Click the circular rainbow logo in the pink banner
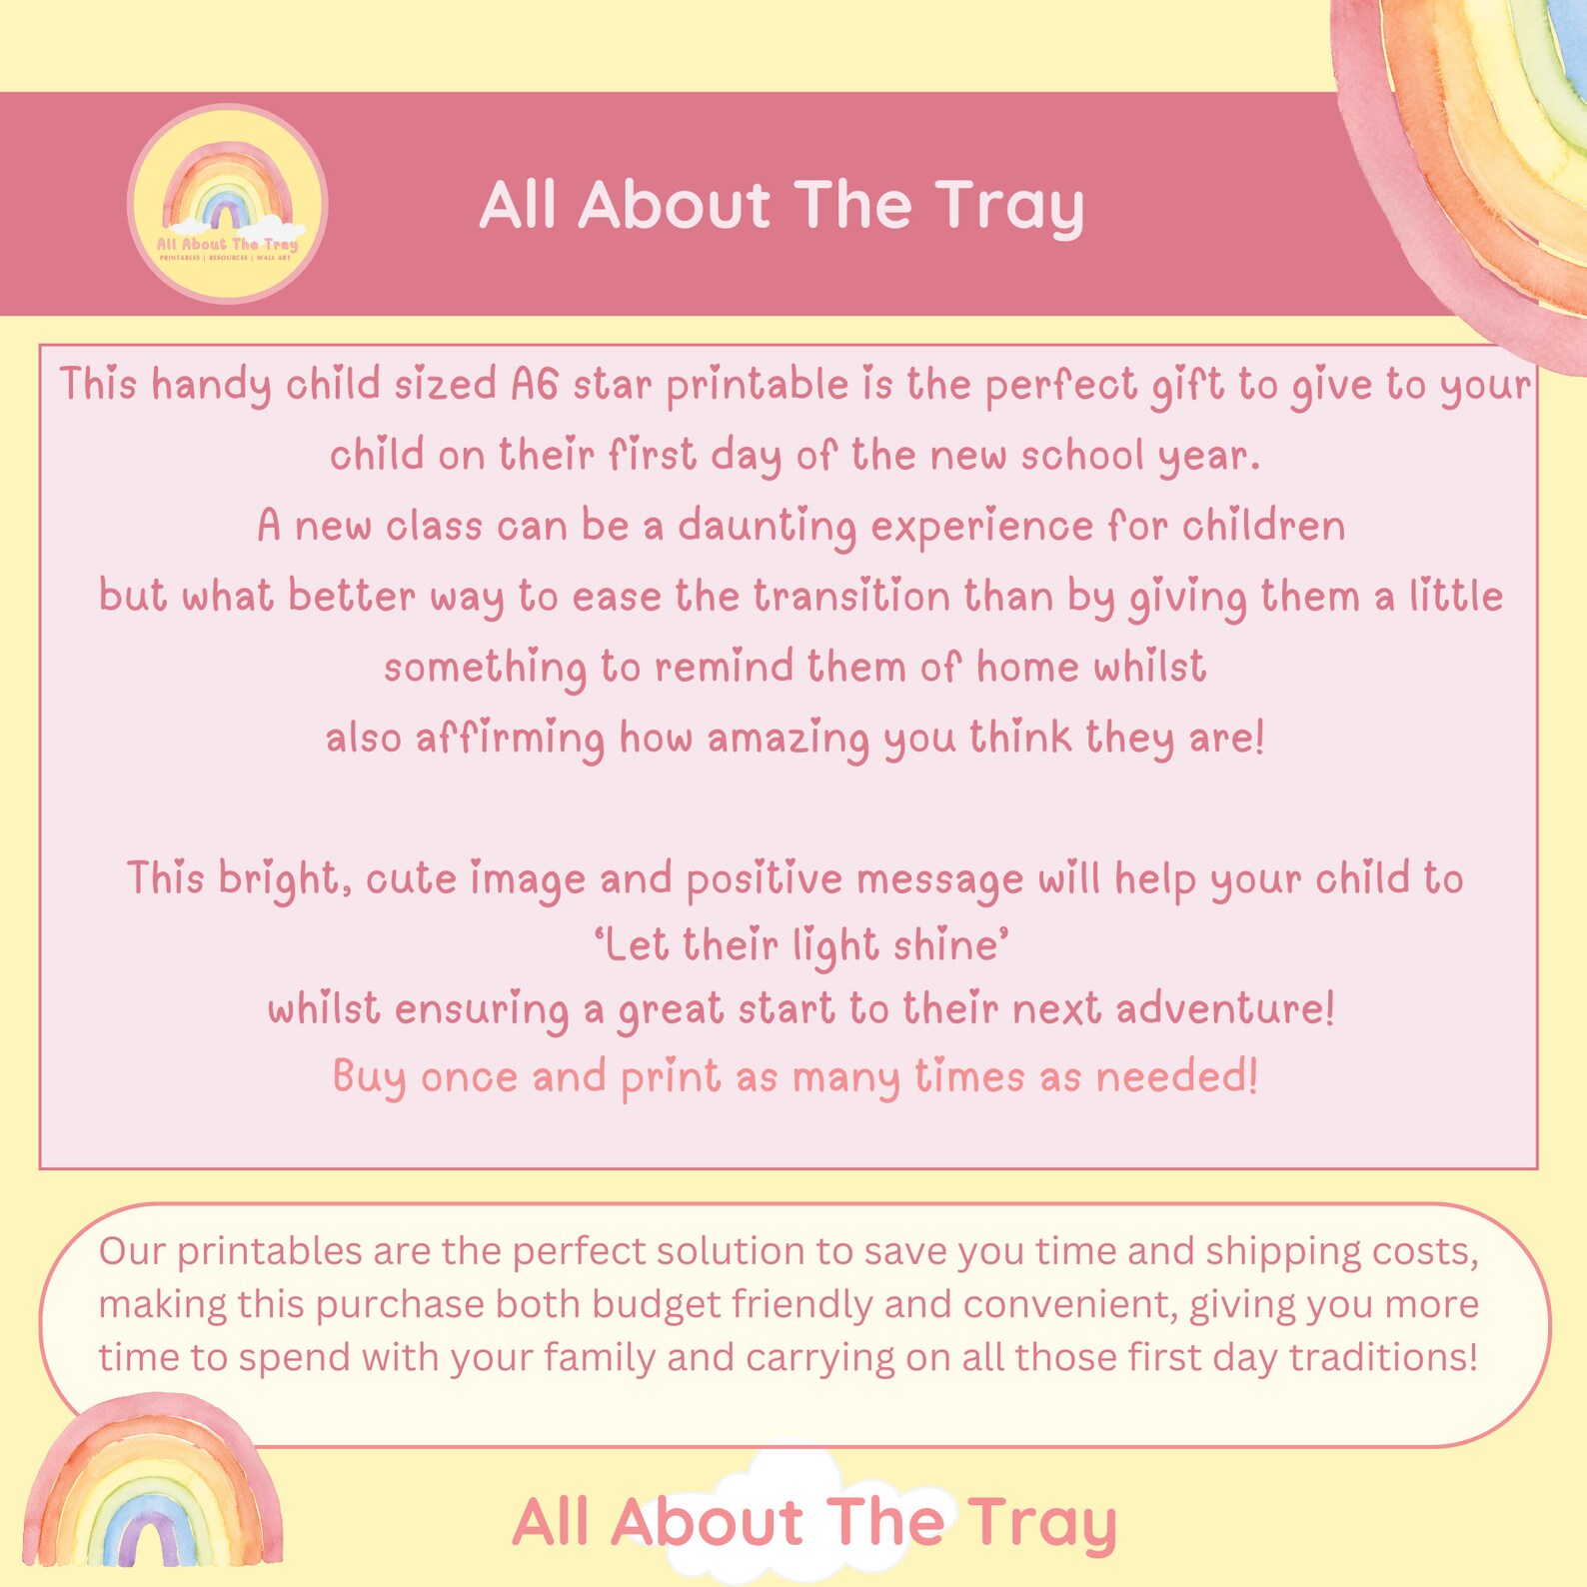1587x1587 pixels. click(228, 204)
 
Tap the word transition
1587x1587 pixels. click(851, 597)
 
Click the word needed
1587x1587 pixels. click(1176, 1077)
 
